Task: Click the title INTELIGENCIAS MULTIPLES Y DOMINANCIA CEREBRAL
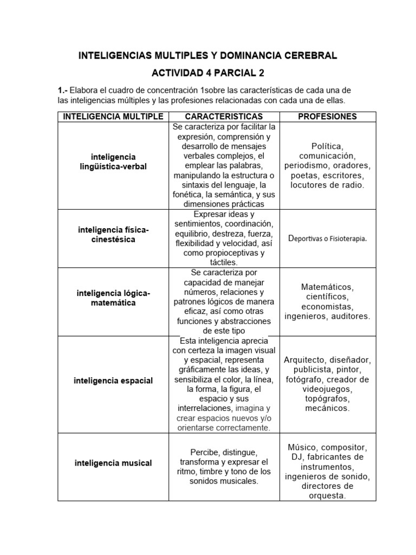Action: coord(208,55)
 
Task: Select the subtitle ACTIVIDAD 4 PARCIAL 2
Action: coord(208,73)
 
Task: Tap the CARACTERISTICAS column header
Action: coord(224,117)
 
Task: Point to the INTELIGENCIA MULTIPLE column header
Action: coord(113,117)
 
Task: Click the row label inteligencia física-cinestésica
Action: coord(113,235)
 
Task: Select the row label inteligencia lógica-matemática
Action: coord(113,298)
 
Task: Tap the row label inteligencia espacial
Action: coord(113,380)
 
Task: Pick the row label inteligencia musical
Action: coord(113,463)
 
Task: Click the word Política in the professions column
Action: coord(327,146)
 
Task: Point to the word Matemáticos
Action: coord(327,287)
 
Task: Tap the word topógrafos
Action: coord(327,399)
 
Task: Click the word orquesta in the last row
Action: coord(327,496)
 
